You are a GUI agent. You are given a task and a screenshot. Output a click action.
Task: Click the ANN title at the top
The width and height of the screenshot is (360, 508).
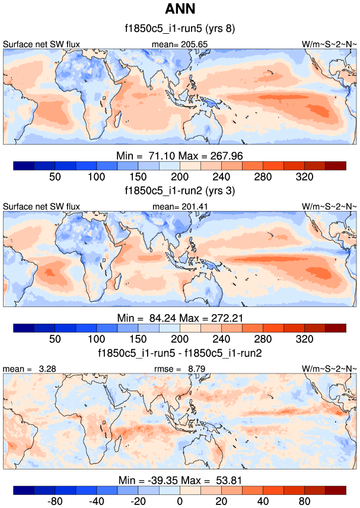click(180, 8)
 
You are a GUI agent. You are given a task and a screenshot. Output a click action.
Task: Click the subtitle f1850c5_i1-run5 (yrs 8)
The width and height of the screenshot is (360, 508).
click(180, 28)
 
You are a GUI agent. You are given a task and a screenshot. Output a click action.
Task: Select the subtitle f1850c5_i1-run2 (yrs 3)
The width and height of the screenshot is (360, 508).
click(180, 191)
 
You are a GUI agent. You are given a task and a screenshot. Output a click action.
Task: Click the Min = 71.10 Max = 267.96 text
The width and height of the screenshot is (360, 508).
click(180, 155)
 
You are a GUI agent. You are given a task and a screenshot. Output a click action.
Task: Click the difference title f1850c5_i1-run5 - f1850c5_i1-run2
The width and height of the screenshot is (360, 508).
click(180, 354)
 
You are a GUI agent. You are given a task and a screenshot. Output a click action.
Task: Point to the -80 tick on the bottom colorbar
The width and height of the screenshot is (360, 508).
click(55, 501)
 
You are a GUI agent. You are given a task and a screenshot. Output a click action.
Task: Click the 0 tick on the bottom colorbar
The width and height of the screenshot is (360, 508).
click(180, 501)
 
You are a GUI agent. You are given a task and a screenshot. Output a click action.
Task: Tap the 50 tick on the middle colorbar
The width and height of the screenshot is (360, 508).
click(55, 339)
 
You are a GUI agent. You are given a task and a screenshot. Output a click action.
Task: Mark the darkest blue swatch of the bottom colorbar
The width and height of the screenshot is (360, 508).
click(24, 490)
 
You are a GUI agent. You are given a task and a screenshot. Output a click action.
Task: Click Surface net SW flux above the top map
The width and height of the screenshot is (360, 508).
click(42, 44)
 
